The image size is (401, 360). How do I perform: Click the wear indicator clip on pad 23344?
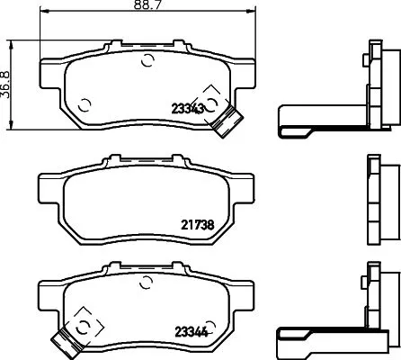click(64, 339)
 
